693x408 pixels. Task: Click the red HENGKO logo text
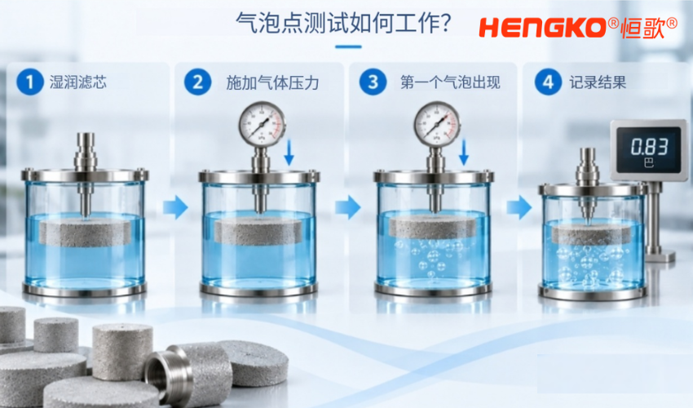click(542, 28)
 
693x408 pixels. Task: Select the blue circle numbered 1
click(29, 82)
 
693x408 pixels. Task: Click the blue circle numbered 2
click(197, 82)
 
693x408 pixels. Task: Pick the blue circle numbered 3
click(373, 82)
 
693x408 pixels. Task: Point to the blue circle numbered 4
click(548, 82)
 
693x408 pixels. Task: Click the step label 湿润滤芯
click(78, 82)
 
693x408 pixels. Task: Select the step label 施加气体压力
click(272, 82)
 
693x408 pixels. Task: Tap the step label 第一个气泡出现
click(450, 82)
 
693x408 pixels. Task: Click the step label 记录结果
click(598, 82)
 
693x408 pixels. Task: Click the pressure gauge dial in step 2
click(262, 124)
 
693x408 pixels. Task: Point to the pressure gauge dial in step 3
click(437, 124)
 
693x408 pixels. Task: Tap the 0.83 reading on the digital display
click(649, 147)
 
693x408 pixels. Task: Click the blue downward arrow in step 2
click(289, 153)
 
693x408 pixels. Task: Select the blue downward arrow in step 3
click(464, 153)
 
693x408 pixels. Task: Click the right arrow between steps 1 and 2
click(175, 207)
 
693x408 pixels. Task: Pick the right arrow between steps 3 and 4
click(519, 207)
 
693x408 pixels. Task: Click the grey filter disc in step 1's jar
click(85, 233)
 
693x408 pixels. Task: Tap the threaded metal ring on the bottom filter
click(169, 373)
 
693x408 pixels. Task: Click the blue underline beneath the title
click(348, 47)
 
